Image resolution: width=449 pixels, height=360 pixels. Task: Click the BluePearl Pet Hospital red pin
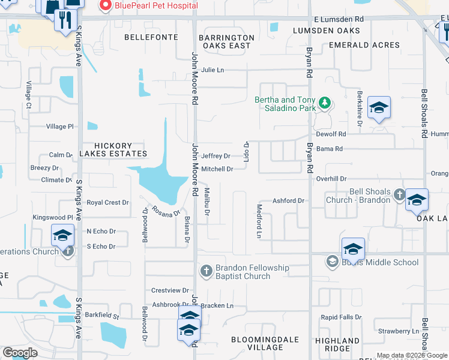106,7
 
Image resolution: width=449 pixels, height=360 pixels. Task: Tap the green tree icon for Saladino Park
325,104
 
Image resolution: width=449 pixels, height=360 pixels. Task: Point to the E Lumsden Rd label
339,19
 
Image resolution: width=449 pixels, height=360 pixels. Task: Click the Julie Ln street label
212,70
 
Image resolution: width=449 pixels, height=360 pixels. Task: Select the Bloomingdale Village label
265,344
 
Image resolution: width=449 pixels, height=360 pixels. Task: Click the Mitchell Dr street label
217,169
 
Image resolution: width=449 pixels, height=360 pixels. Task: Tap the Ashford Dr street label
289,201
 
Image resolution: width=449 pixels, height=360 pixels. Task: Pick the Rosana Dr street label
166,211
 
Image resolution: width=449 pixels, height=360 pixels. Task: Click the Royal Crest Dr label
107,203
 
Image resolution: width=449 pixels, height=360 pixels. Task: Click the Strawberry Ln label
394,331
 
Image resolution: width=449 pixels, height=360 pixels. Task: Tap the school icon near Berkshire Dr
379,109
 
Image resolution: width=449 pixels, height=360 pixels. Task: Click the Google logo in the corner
20,353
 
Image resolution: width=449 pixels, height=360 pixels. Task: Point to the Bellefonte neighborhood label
151,37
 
